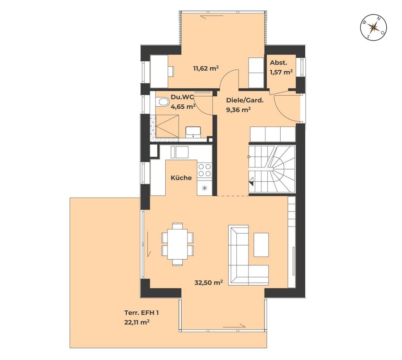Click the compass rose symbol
(x=374, y=27)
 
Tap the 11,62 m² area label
(x=205, y=69)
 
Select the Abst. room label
(x=276, y=63)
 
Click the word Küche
(x=181, y=178)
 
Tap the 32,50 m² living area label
(x=209, y=283)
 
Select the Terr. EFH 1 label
(x=141, y=313)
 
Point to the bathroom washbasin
(x=193, y=132)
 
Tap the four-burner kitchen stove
(x=205, y=170)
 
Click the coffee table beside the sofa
(x=261, y=244)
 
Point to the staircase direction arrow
(x=251, y=182)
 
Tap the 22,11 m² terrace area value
(x=137, y=322)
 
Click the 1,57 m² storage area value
(x=281, y=72)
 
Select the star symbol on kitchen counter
(x=205, y=189)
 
